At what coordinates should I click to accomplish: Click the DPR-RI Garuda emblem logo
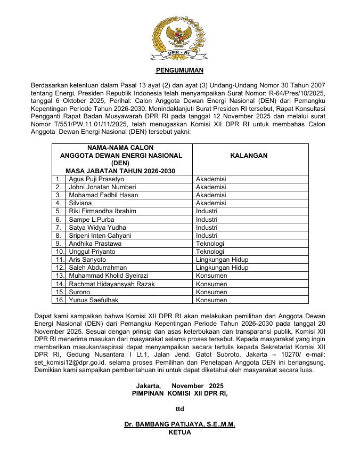coord(179,38)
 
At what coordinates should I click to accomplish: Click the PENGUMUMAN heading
coord(179,70)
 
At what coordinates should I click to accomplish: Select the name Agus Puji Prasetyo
coord(96,179)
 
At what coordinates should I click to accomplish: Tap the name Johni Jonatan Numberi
coord(102,187)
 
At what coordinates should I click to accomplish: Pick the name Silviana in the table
coord(80,203)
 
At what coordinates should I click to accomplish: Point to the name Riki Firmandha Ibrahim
coord(103,211)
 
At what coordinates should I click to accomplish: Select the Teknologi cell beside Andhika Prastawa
coord(210,244)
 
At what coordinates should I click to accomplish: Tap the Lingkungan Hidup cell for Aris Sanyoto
coord(222,260)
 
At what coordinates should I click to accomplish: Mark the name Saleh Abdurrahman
coord(98,268)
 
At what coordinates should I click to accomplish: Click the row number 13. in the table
coord(59,276)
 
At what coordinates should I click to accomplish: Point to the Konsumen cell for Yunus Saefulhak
coord(211,300)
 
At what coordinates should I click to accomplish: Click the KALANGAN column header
coord(249,156)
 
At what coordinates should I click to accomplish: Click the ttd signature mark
coord(179,409)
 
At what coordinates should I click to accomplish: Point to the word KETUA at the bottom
coord(179,432)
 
